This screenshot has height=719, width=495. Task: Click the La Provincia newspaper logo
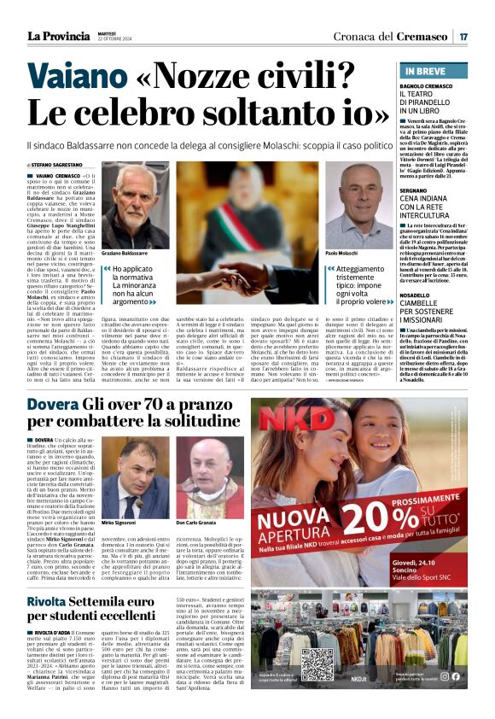[58, 36]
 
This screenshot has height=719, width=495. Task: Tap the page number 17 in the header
[463, 36]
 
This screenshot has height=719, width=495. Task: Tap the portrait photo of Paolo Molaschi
[365, 205]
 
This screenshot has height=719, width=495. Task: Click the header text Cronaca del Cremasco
[402, 36]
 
